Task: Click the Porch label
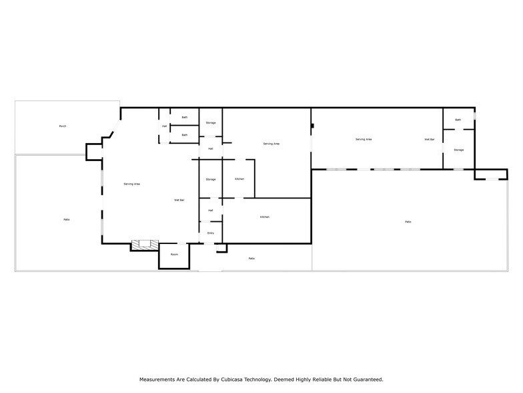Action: pos(63,126)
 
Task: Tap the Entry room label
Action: pos(211,233)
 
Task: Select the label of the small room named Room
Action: pos(174,255)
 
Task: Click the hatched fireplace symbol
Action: pos(144,245)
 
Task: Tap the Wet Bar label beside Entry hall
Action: pos(179,200)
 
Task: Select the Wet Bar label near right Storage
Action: pos(430,140)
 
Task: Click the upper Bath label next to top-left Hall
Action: pos(185,118)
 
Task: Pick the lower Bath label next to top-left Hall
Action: pos(185,135)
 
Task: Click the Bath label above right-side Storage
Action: pos(458,120)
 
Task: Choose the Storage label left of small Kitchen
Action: pos(211,180)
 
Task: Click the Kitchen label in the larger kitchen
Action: pos(265,217)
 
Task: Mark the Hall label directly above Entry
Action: pos(211,211)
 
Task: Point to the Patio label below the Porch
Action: pos(67,220)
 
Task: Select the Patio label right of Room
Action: pos(251,259)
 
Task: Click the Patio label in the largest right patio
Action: pos(408,222)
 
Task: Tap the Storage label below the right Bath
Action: pos(459,150)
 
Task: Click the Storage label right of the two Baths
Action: pos(211,123)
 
